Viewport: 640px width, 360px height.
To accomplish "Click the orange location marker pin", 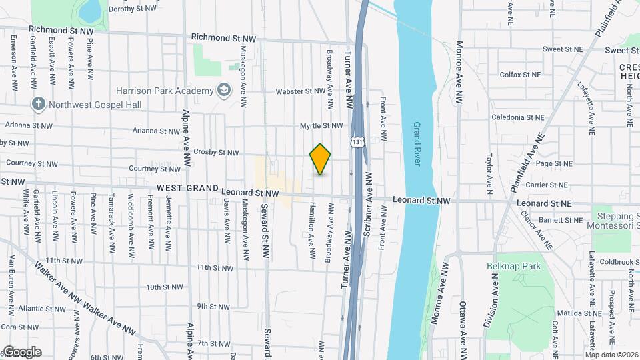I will [321, 159].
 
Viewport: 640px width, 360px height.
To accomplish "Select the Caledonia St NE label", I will [518, 117].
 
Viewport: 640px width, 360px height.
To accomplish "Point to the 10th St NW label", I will [165, 287].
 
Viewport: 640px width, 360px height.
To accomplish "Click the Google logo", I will [22, 352].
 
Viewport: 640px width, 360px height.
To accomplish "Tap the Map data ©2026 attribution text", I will [611, 355].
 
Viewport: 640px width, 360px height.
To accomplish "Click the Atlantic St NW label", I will [41, 309].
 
